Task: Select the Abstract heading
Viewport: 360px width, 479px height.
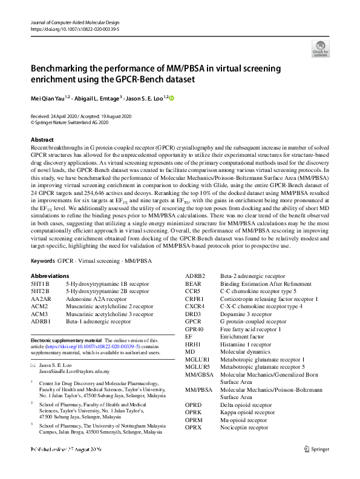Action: click(42, 139)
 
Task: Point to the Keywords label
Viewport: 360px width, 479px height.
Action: click(42, 260)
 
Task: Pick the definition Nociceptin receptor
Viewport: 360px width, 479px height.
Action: click(244, 427)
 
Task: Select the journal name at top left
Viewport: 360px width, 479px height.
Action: click(71, 21)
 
